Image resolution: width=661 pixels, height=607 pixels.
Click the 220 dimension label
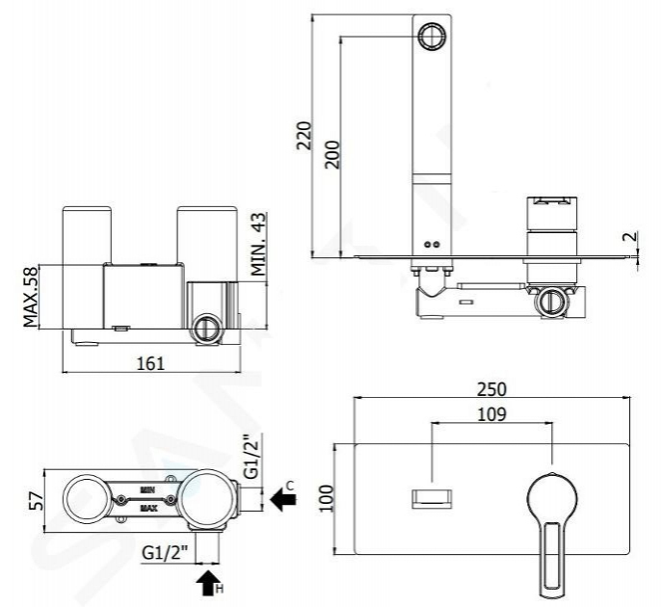[304, 136]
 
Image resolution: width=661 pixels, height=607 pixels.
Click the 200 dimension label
[332, 155]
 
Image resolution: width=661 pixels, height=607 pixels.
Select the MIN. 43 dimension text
[259, 244]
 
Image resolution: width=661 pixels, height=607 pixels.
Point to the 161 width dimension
[150, 363]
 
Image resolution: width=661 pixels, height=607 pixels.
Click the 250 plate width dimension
[491, 389]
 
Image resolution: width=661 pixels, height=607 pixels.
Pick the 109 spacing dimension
[491, 414]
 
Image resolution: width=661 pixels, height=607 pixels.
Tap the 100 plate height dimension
[327, 499]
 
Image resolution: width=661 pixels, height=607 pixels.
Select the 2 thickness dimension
[633, 236]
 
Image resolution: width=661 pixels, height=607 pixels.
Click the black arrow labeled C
[283, 499]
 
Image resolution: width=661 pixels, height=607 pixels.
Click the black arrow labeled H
[207, 583]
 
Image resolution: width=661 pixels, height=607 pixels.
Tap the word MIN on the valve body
[148, 490]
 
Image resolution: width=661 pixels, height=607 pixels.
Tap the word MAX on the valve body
[148, 509]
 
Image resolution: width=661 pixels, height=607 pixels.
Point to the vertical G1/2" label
[251, 457]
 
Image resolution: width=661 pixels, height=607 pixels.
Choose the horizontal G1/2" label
[165, 552]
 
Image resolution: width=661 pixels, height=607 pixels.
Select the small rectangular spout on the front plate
[432, 498]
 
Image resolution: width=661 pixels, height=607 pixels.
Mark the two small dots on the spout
[433, 244]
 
